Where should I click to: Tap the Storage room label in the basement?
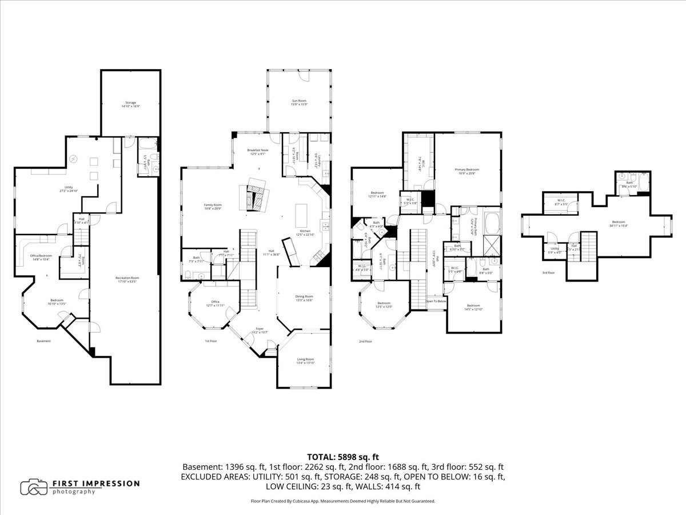131,104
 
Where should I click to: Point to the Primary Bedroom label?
466,171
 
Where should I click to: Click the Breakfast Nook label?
257,152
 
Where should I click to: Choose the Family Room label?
213,207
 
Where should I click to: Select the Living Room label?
305,360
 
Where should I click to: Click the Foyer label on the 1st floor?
260,330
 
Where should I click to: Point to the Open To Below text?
436,301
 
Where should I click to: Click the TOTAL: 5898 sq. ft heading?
343,457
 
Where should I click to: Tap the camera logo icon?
34,487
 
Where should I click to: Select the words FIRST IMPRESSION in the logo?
96,484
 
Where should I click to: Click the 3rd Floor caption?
548,272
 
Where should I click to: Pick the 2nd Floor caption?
365,341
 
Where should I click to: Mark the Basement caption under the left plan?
43,341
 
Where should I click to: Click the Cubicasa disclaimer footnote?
343,501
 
